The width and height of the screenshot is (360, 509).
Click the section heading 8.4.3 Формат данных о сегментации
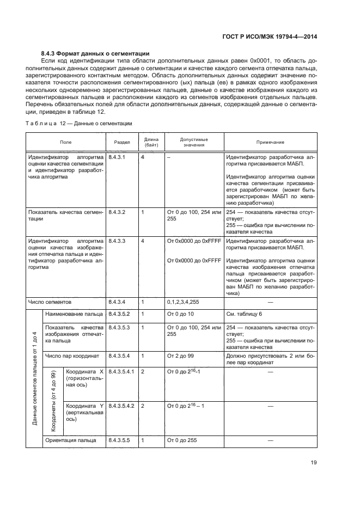[95, 53]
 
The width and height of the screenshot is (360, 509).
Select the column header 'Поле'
[65, 142]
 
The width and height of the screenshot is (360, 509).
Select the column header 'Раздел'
[121, 142]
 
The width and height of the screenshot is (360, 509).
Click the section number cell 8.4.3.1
[117, 157]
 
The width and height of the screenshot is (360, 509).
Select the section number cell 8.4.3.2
[117, 212]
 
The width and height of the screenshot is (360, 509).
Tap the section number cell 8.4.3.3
[117, 240]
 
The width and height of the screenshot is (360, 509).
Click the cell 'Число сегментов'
[50, 301]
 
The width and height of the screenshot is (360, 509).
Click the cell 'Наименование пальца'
[74, 314]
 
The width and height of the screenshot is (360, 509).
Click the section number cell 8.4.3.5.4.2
[122, 406]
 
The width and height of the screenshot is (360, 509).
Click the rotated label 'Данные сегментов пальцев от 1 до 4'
[34, 377]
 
